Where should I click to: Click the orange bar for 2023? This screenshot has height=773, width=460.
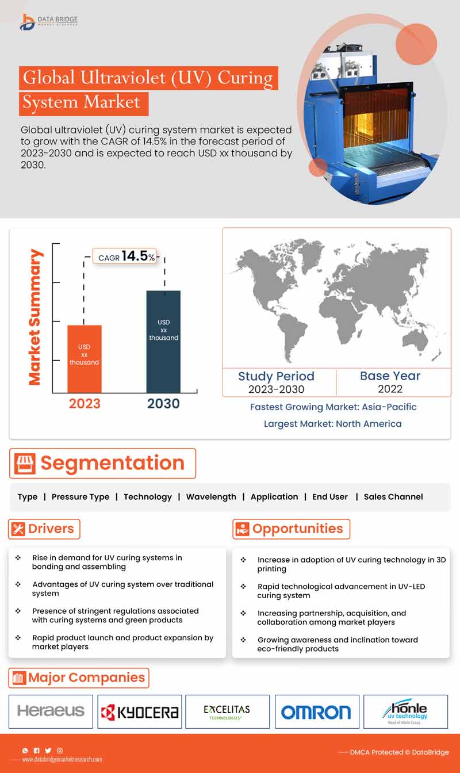(85, 358)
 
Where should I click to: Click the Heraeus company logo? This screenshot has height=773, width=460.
(51, 711)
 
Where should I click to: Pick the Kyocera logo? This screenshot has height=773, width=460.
(140, 712)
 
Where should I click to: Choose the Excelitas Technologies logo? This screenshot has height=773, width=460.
(227, 712)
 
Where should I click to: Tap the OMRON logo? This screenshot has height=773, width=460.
(316, 712)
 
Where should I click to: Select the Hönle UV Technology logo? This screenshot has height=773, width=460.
(405, 711)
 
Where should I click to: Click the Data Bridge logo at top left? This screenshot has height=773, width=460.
(48, 21)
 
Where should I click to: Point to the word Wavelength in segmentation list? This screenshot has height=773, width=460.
(211, 496)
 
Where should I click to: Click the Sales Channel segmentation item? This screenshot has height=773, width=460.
(393, 496)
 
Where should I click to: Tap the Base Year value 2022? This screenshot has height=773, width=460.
(390, 389)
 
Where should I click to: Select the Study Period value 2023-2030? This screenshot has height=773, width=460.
(276, 389)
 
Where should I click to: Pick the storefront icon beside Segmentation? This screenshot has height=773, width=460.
(26, 464)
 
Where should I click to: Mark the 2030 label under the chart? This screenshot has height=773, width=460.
(163, 404)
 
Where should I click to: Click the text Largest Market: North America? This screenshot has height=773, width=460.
(332, 423)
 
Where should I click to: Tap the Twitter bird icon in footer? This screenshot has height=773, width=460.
(48, 751)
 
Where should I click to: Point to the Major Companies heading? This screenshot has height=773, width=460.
(86, 678)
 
